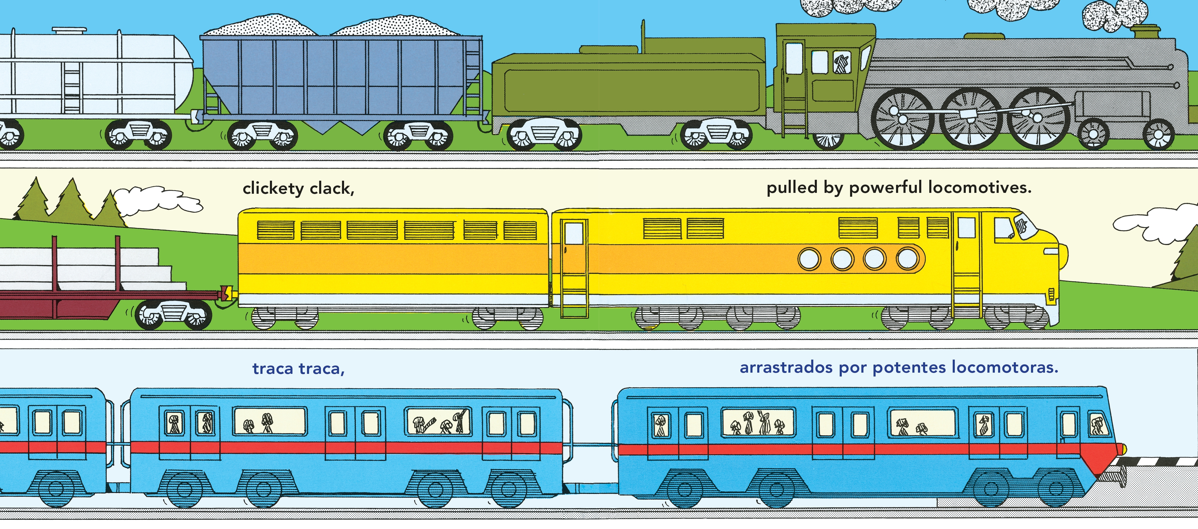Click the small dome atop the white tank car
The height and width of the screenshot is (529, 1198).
(69, 31)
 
